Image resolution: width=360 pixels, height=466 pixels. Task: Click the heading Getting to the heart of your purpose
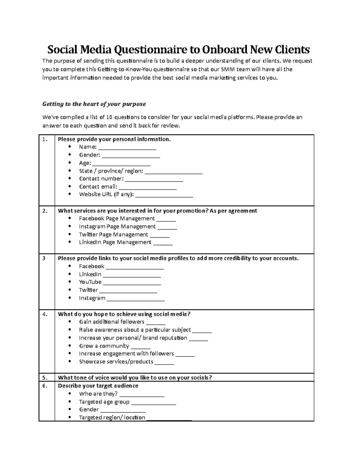[x=94, y=104]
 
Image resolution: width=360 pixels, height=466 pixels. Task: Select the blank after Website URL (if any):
[x=164, y=195]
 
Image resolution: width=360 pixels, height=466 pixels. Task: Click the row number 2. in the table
[x=45, y=211]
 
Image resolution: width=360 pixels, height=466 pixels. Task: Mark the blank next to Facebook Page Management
[x=166, y=220]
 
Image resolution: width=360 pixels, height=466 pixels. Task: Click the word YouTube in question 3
[x=90, y=282]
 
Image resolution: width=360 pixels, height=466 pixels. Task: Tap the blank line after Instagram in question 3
[x=136, y=299]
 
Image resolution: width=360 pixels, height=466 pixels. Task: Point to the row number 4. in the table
[x=45, y=314]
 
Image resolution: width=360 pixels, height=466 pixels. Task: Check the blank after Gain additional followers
[x=156, y=323]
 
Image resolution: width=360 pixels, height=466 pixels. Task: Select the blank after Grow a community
[x=141, y=347]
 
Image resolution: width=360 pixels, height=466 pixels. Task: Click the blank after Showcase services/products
[x=164, y=363]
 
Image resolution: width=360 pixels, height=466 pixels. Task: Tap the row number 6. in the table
[x=45, y=386]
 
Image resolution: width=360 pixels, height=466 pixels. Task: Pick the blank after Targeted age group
[x=154, y=403]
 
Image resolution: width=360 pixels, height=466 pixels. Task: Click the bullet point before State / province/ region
[x=70, y=171]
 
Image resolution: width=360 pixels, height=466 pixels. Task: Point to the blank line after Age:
[x=121, y=164]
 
